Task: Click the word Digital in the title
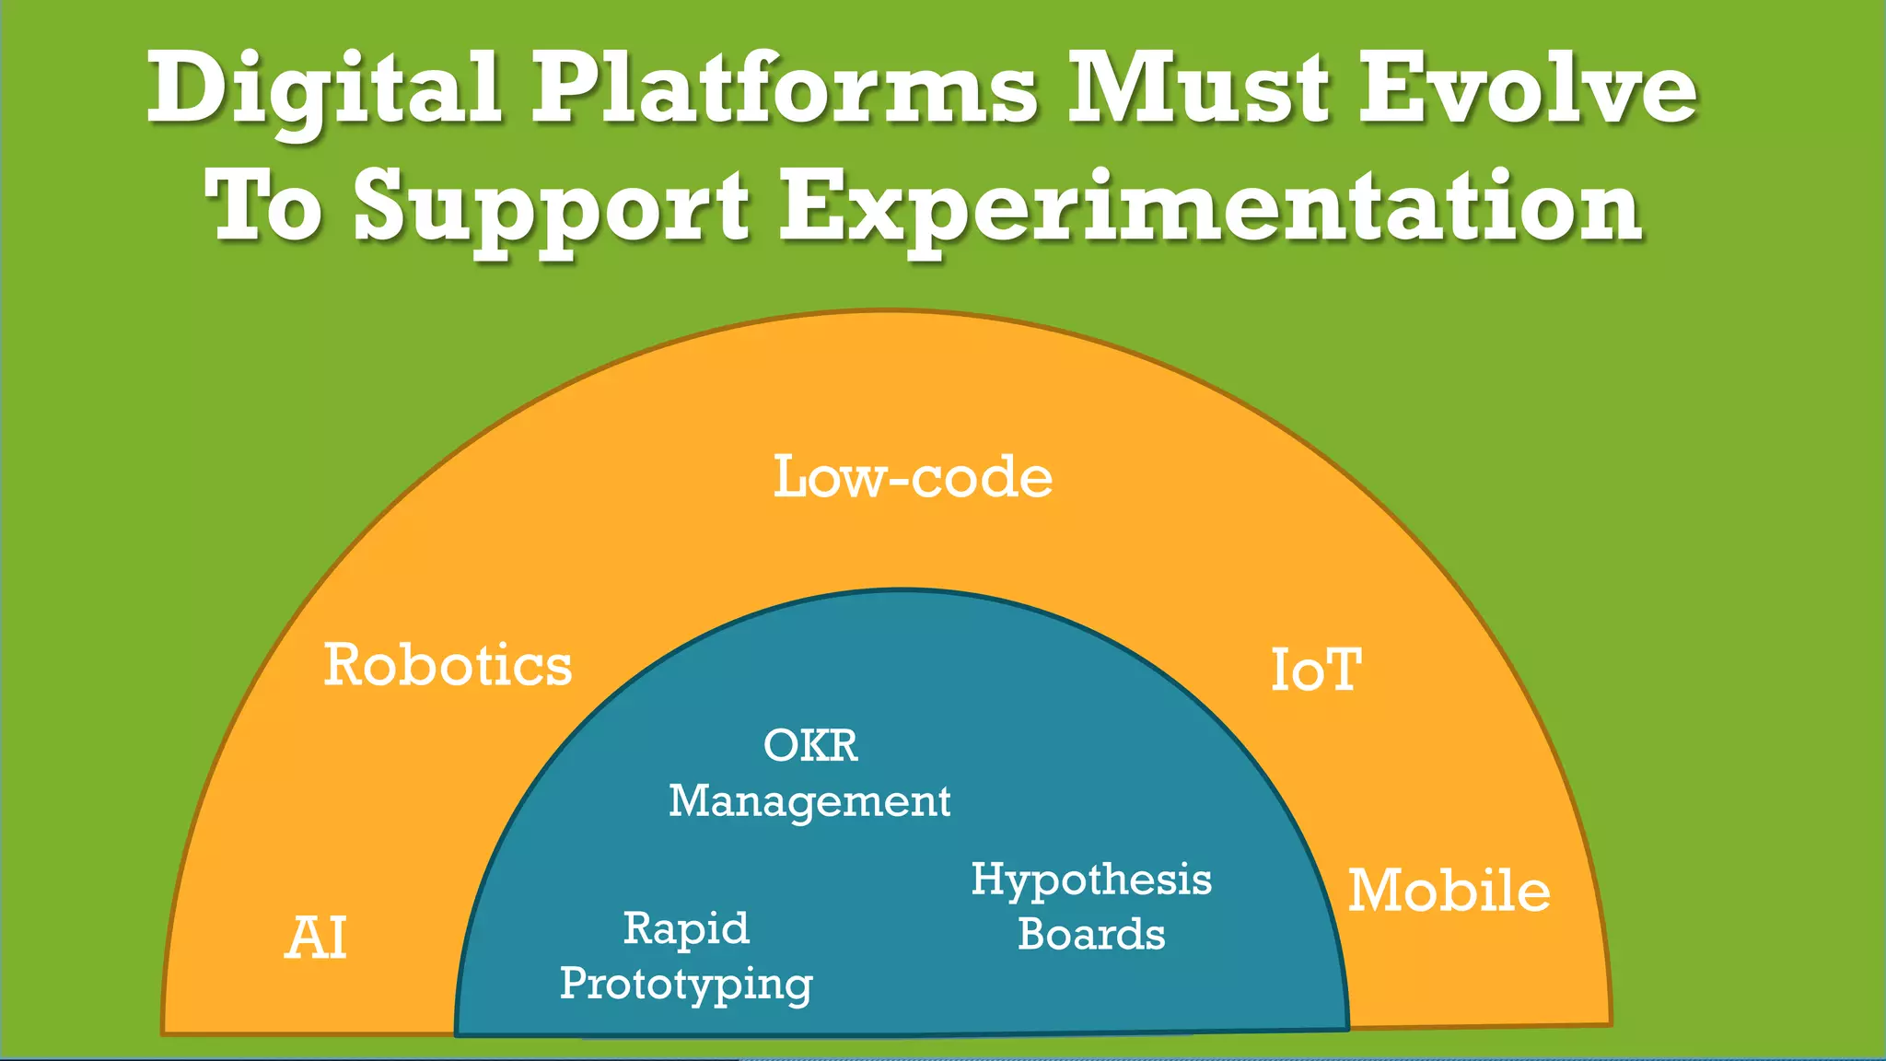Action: (x=324, y=89)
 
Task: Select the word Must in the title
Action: (x=1197, y=89)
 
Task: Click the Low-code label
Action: (x=912, y=477)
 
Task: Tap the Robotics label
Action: (x=448, y=665)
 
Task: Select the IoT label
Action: (x=1316, y=670)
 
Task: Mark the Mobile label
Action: (x=1449, y=891)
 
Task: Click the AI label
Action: (x=316, y=939)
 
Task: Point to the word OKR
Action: (x=810, y=745)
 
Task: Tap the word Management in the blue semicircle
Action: (x=809, y=801)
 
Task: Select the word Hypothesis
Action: (x=1091, y=880)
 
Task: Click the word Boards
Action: (x=1091, y=934)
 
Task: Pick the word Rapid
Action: (x=686, y=928)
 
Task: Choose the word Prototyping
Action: (x=686, y=985)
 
